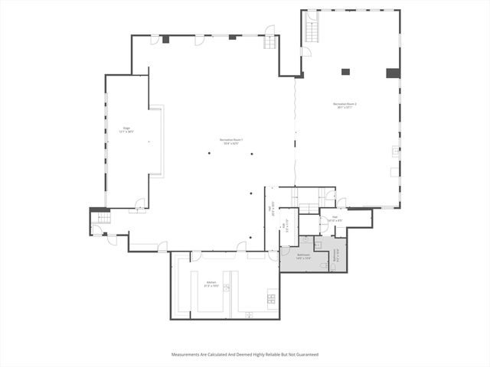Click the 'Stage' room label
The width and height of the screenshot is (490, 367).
tap(126, 130)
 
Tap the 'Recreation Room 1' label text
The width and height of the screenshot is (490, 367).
tap(232, 141)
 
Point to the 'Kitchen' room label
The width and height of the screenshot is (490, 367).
tap(211, 284)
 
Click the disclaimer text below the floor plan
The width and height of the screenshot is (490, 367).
tap(245, 355)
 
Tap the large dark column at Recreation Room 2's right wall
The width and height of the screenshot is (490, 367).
tap(393, 73)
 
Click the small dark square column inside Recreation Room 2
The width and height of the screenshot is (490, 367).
tap(345, 72)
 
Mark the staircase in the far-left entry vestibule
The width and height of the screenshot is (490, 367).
tap(100, 219)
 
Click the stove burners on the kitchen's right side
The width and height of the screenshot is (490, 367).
tap(271, 296)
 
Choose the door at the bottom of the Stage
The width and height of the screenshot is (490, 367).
tap(139, 204)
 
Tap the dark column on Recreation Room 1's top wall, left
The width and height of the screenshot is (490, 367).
tap(165, 39)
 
